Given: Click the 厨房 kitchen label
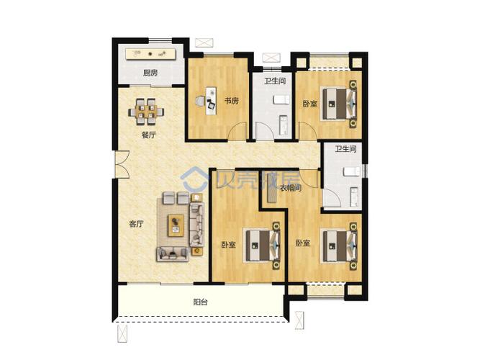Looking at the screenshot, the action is tap(150, 73).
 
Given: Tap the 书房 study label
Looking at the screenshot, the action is tap(232, 101).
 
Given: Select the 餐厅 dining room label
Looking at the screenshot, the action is tap(148, 135).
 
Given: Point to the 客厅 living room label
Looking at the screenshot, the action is tap(136, 224).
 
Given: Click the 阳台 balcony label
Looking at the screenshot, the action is tap(201, 302).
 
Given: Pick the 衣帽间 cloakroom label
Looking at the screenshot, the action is tap(291, 187).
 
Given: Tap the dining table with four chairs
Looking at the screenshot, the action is tap(146, 112).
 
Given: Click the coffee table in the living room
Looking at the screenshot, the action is tap(176, 225).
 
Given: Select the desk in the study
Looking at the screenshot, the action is tap(211, 101).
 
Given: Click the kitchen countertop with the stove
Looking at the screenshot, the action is tap(150, 54).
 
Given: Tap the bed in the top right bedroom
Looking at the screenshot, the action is tap(338, 104).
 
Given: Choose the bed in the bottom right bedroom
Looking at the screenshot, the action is tap(339, 246).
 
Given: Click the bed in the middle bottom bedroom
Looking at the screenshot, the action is tap(262, 246).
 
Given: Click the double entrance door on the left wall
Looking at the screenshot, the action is tap(122, 164).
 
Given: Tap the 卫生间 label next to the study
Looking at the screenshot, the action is tap(275, 81).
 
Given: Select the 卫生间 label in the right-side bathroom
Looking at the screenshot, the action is tap(345, 149).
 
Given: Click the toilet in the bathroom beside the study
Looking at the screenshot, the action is tap(281, 100).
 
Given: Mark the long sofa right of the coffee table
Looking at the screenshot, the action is tap(196, 225).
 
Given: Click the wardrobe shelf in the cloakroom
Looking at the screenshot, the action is tap(271, 187).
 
